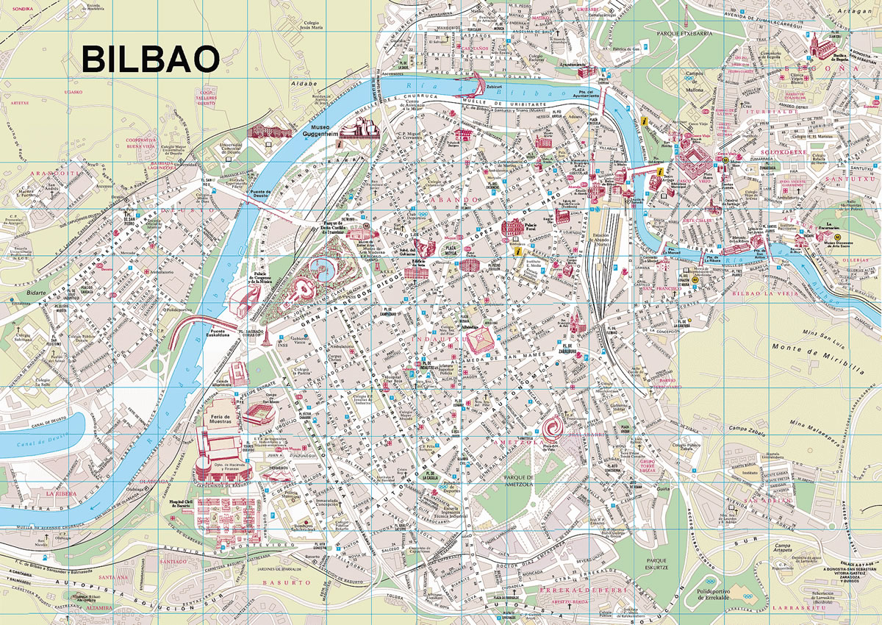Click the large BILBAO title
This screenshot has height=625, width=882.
pyautogui.click(x=150, y=59)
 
